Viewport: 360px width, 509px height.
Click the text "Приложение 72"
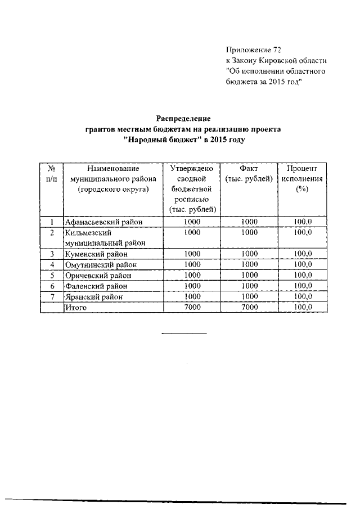coord(253,50)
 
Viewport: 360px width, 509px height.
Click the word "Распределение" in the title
coord(183,119)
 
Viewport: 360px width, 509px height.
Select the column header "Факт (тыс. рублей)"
coord(249,173)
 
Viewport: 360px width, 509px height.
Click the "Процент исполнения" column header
coord(302,179)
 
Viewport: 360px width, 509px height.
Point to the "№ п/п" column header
coord(51,173)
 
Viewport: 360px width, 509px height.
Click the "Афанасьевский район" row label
coord(103,222)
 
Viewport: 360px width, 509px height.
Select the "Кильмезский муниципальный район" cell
coord(105,237)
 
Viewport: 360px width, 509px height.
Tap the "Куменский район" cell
coord(96,254)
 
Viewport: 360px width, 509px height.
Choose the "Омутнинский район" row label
coord(100,265)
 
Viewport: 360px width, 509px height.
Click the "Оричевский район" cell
coord(98,276)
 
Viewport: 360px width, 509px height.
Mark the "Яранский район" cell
coord(93,297)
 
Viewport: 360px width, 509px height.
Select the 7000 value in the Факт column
coord(249,308)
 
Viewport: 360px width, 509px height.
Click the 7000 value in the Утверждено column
coord(192,308)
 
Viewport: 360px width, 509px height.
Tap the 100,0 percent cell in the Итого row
coord(302,308)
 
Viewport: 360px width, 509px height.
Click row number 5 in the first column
coord(51,276)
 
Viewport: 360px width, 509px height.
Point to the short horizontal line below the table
coord(184,334)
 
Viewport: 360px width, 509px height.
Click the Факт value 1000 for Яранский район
coord(249,297)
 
